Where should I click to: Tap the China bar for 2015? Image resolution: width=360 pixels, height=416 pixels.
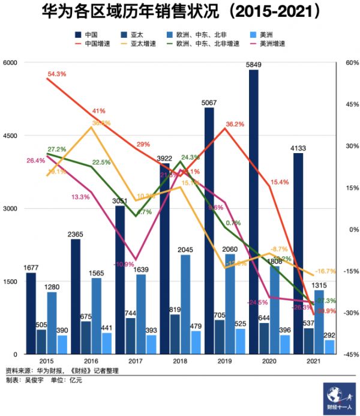pyautogui.click(x=31, y=313)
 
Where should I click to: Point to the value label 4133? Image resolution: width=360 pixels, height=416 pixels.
pyautogui.click(x=298, y=148)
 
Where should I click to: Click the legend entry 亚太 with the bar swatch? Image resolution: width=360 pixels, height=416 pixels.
pyautogui.click(x=137, y=35)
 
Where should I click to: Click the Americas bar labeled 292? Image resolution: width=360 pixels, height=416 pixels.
pyautogui.click(x=329, y=346)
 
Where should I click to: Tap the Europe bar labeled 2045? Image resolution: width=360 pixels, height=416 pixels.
pyautogui.click(x=185, y=304)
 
